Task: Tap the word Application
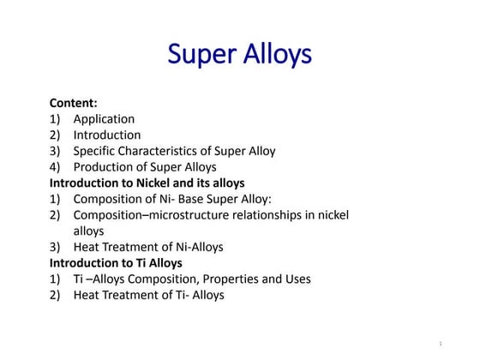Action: coord(104,119)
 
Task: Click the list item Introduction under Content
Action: coord(107,135)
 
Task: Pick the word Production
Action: coord(104,167)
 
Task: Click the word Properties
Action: coord(227,279)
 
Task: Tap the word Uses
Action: coord(296,279)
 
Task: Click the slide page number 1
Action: coord(440,344)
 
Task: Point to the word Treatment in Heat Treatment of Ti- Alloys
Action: coord(131,295)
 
